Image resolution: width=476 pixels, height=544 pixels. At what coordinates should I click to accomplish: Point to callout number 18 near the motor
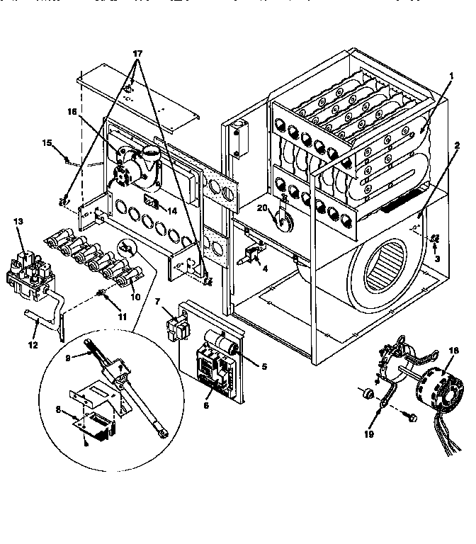click(453, 350)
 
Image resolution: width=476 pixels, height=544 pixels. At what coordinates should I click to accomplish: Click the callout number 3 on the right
click(437, 259)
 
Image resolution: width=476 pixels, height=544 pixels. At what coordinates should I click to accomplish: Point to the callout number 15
click(47, 143)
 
